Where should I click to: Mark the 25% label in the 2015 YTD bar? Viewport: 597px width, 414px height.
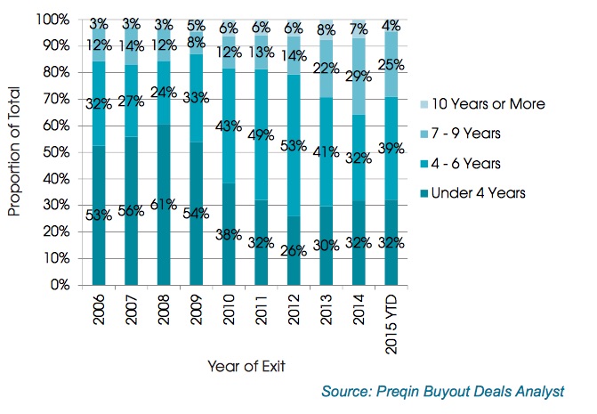(x=390, y=66)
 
